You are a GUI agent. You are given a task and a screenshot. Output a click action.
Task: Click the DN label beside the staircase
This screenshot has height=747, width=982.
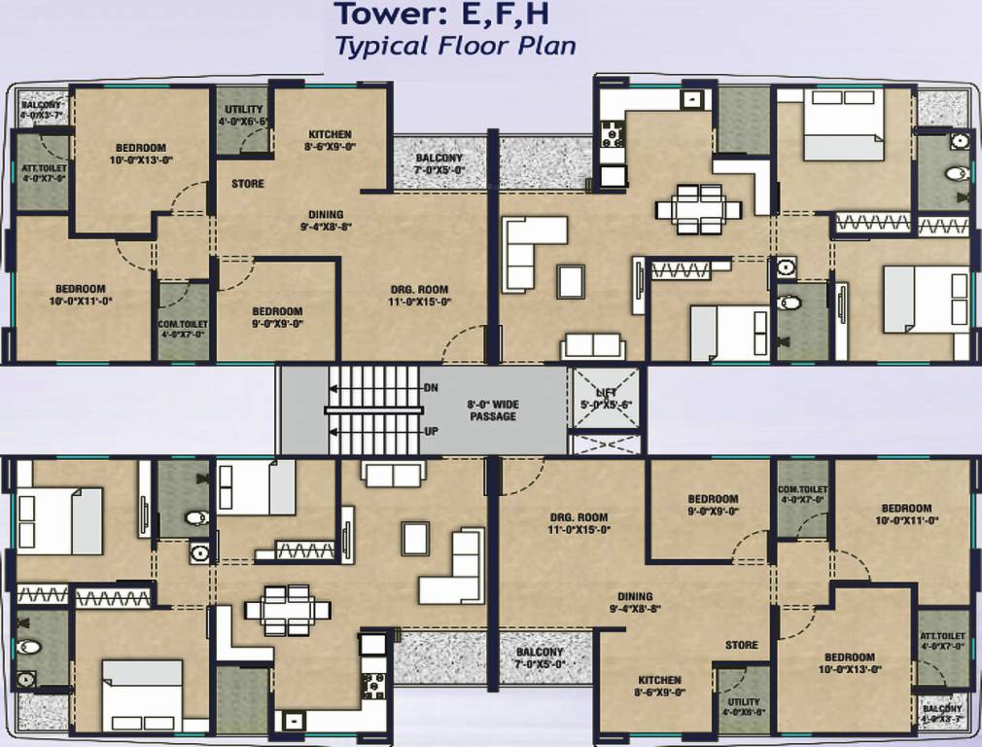click(432, 388)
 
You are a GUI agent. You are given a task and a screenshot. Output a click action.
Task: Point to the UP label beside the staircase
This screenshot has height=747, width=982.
click(432, 431)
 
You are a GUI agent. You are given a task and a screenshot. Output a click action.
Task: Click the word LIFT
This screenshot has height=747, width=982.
click(606, 392)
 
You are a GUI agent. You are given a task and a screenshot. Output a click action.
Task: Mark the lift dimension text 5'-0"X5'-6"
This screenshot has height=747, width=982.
click(606, 404)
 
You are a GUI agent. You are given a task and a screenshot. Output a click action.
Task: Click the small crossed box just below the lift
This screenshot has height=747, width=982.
click(606, 445)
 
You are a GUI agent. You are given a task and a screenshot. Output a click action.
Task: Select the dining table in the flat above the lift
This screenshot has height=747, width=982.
click(698, 208)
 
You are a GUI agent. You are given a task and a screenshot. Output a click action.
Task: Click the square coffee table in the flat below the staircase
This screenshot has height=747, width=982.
click(416, 537)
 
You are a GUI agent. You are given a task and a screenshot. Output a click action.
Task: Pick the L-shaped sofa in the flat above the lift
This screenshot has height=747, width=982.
click(533, 250)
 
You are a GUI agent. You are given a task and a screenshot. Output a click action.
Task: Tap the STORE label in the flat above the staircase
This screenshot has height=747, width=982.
click(248, 184)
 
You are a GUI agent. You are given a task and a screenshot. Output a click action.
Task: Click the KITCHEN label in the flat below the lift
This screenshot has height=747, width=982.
click(659, 680)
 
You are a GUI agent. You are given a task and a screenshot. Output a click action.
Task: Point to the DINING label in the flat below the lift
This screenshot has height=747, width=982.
click(634, 597)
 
